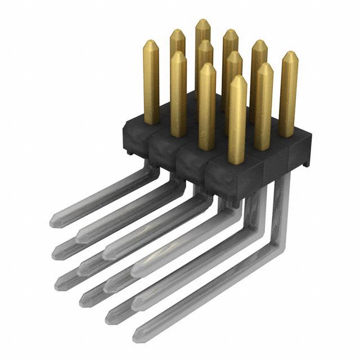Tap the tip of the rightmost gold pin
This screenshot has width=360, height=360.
[x=289, y=55]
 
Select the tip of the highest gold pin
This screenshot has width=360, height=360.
[x=202, y=22]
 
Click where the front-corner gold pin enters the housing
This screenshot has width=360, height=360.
[x=237, y=162]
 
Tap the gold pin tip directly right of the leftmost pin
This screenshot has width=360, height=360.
[x=178, y=34]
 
